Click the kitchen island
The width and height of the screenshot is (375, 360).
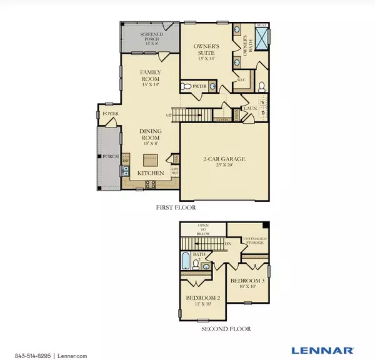click(x=151, y=159)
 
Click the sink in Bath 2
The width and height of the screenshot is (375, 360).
click(x=206, y=266)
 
